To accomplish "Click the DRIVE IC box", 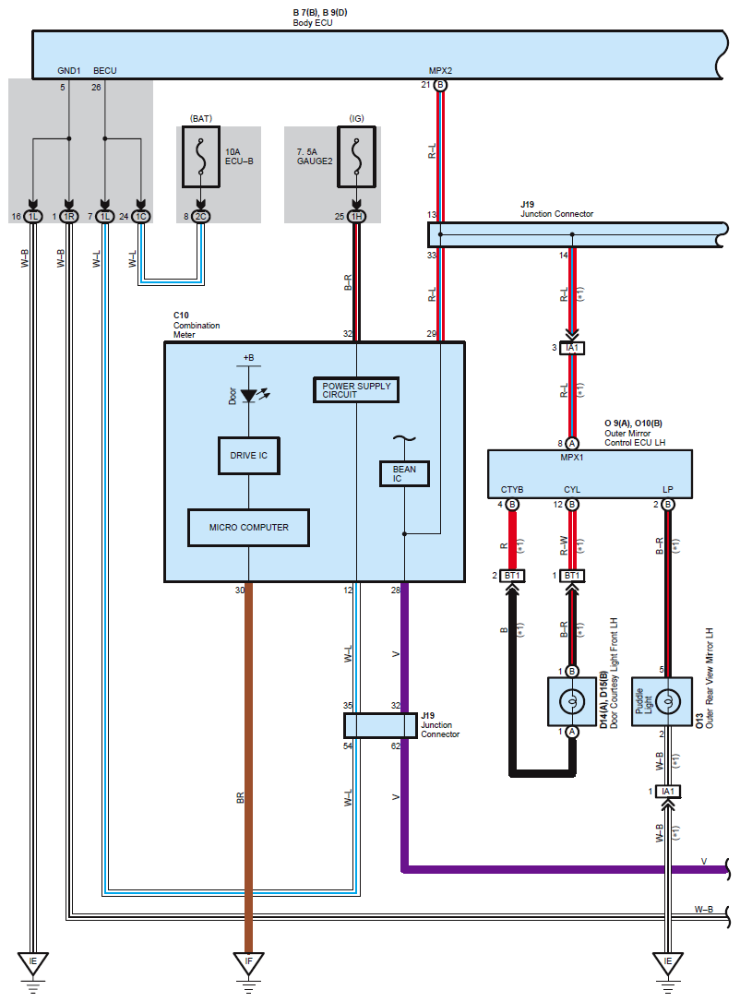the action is tap(248, 456).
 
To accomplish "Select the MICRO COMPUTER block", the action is tap(248, 528).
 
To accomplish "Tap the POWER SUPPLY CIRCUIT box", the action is tap(356, 389).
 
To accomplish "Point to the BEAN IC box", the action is tap(404, 473).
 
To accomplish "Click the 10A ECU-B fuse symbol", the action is tap(200, 157).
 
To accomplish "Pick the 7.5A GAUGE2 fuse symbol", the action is tap(356, 157).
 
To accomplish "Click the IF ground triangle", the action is tap(248, 963).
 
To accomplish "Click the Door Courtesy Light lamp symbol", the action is tap(572, 701).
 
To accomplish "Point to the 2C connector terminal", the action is tap(200, 217).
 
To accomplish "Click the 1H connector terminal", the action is tap(356, 217).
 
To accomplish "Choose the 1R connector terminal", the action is tap(69, 217).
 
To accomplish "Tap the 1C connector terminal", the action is tap(141, 217).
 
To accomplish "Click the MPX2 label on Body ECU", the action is tap(440, 71).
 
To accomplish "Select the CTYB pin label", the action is tap(512, 490).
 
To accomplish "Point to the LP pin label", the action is tap(668, 490).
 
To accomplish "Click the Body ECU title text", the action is tap(313, 23).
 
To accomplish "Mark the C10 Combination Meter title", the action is tap(197, 325).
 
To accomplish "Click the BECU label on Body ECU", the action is tap(105, 71).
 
